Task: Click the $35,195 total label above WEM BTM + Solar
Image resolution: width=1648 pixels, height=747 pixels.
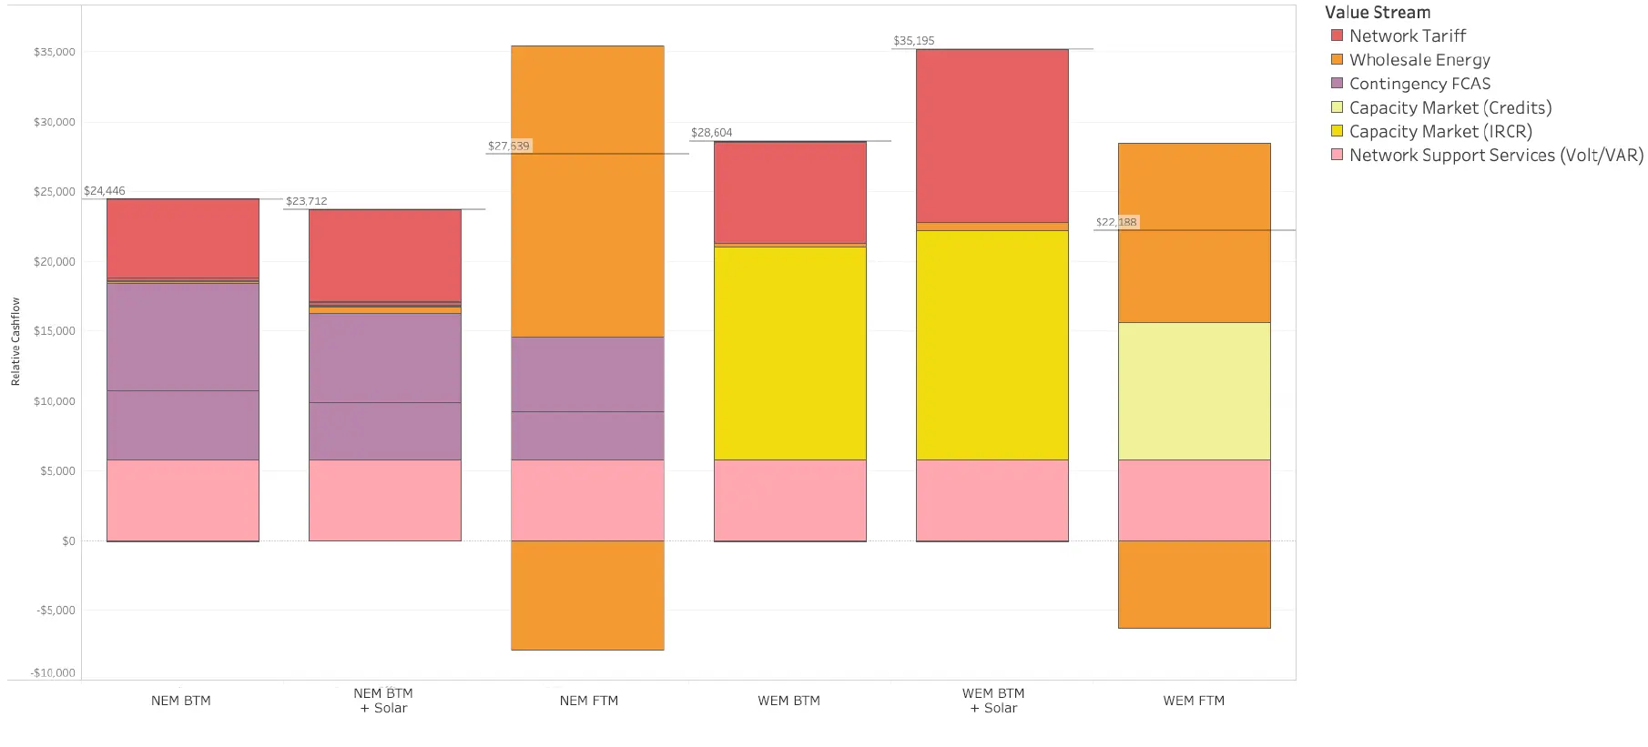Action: coord(913,41)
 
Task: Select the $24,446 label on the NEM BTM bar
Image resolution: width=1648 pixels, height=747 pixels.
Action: coord(105,191)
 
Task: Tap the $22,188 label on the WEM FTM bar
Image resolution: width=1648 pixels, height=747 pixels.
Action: coord(1116,222)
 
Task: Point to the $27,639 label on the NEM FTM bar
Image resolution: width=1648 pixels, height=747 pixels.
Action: coord(508,146)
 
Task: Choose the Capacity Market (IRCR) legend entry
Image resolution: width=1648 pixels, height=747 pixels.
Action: coord(1439,132)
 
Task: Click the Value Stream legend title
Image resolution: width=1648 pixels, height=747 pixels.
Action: coord(1377,13)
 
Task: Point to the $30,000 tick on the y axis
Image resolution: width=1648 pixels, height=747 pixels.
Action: coord(55,122)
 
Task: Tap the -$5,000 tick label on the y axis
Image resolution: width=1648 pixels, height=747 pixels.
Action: coord(56,611)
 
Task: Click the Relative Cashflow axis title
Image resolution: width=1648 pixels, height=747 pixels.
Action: coord(15,341)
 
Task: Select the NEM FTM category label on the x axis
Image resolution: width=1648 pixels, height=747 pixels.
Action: coord(588,701)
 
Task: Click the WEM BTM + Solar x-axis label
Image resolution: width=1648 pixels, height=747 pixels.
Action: coord(993,701)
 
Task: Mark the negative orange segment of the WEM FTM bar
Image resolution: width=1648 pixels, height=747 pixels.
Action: coord(1194,584)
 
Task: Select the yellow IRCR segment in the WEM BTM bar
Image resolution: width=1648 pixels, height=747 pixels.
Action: coord(789,353)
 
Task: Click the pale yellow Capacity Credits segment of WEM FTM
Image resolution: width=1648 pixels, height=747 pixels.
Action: coord(1194,391)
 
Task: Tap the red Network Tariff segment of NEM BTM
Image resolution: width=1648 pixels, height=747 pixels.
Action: coord(182,237)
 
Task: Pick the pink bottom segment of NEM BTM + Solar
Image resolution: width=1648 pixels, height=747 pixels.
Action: coord(384,500)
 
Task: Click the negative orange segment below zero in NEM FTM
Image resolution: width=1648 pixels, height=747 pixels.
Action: coord(587,595)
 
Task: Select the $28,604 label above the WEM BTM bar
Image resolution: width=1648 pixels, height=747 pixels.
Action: coord(711,133)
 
